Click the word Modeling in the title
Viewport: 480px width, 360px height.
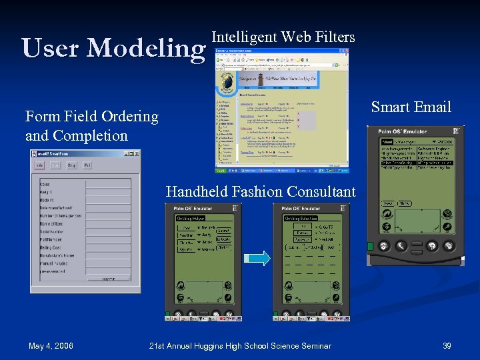click(146, 48)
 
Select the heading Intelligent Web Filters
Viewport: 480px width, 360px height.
click(283, 37)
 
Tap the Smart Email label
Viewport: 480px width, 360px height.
click(411, 107)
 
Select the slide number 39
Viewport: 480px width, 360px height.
click(447, 345)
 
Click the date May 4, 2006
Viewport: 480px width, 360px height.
click(51, 345)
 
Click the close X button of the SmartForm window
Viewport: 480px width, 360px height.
click(137, 153)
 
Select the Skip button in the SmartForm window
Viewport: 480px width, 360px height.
click(71, 165)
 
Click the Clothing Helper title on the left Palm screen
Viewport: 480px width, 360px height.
click(191, 219)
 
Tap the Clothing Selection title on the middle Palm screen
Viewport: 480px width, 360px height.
click(301, 219)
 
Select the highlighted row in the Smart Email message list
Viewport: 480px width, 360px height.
click(416, 163)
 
